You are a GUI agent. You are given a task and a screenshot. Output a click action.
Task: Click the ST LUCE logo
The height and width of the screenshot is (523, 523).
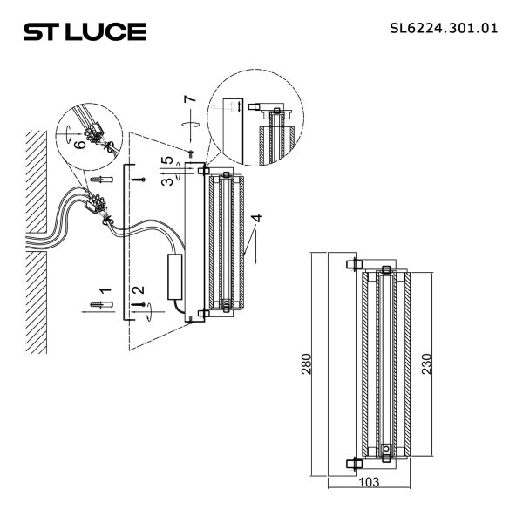(85, 32)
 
